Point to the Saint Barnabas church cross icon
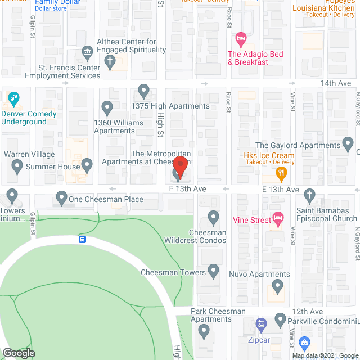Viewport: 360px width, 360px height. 309,196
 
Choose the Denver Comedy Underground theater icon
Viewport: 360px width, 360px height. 13,100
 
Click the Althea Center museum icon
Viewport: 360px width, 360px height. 87,53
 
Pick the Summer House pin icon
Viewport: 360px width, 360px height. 87,165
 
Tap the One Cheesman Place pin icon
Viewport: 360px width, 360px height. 61,197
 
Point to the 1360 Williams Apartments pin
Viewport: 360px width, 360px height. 107,107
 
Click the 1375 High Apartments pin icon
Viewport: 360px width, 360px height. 144,91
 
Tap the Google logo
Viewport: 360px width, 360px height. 18,353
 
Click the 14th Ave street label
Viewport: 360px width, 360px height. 336,83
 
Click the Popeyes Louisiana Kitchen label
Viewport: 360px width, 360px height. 323,8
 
